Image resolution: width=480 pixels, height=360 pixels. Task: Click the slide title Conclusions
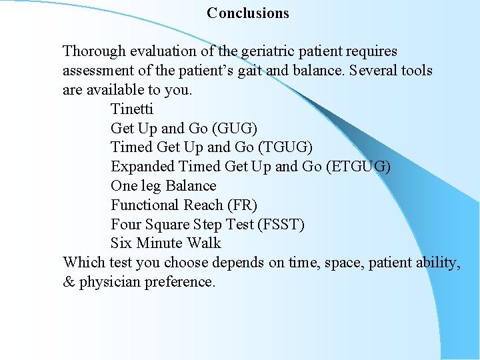248,13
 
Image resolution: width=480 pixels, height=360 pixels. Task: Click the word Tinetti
132,109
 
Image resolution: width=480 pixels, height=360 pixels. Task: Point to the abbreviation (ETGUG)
359,167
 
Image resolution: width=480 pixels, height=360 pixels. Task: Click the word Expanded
141,167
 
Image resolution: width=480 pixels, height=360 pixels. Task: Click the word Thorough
93,51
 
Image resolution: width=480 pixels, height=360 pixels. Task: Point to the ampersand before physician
69,282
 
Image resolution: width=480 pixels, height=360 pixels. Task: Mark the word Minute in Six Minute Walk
160,243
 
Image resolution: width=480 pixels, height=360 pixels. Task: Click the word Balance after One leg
191,186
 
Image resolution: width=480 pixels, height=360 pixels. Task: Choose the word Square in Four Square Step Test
167,225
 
